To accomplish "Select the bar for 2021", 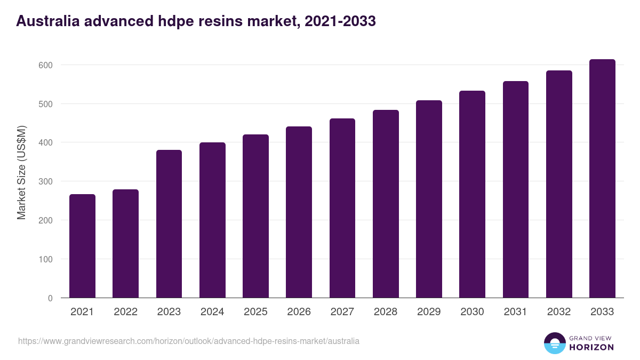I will [82, 246].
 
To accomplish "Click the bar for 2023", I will [169, 224].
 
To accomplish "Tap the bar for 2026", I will [299, 212].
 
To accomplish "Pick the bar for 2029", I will [429, 199].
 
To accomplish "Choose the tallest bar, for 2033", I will [602, 179].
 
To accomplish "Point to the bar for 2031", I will [515, 189].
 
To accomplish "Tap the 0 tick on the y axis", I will [50, 298].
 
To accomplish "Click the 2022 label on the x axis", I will [125, 312].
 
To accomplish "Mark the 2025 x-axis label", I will [255, 312].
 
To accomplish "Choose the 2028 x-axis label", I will [386, 312].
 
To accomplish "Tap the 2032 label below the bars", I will [559, 312].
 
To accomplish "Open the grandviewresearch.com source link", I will [189, 341].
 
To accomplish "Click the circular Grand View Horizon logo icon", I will [554, 343].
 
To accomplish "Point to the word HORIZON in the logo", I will [591, 347].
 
